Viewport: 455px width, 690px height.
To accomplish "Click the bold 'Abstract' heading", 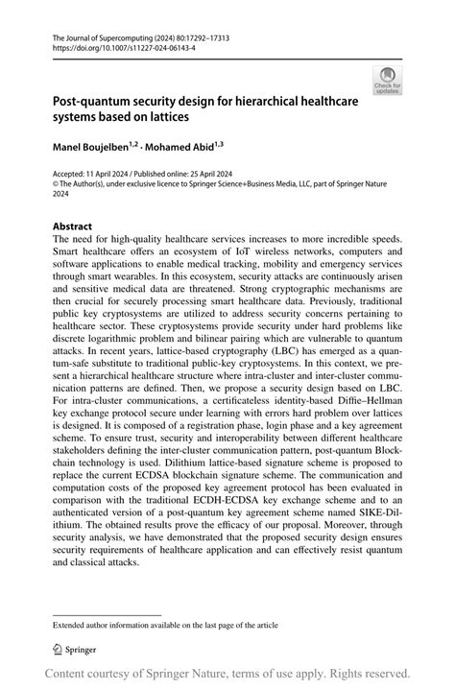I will coord(72,226).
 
